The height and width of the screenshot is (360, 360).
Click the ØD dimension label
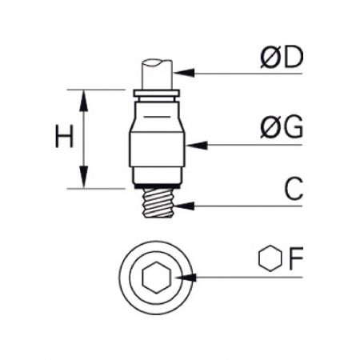(282, 57)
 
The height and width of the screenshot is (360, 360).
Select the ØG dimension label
(282, 126)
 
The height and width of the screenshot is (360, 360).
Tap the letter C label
(294, 189)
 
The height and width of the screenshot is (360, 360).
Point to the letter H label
(64, 136)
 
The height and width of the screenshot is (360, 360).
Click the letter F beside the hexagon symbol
(296, 258)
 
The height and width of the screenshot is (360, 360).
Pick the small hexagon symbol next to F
(270, 258)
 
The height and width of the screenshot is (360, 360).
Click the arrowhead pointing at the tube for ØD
(184, 73)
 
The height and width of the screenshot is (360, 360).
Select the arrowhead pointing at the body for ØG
(197, 146)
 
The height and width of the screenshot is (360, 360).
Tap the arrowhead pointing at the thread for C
(184, 206)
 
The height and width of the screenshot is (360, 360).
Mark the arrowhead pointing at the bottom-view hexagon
(186, 278)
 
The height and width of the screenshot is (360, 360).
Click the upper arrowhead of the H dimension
(84, 101)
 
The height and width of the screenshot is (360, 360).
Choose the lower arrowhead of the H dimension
(84, 177)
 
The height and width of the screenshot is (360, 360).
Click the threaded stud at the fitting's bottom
(158, 202)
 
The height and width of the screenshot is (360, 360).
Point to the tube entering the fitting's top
(157, 74)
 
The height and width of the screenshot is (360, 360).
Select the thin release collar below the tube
(157, 94)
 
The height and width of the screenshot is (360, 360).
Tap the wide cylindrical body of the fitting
(158, 150)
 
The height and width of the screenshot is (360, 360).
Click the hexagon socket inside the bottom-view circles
(157, 278)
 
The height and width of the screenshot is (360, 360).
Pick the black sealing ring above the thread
(158, 186)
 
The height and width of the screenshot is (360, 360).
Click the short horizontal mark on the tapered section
(157, 117)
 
